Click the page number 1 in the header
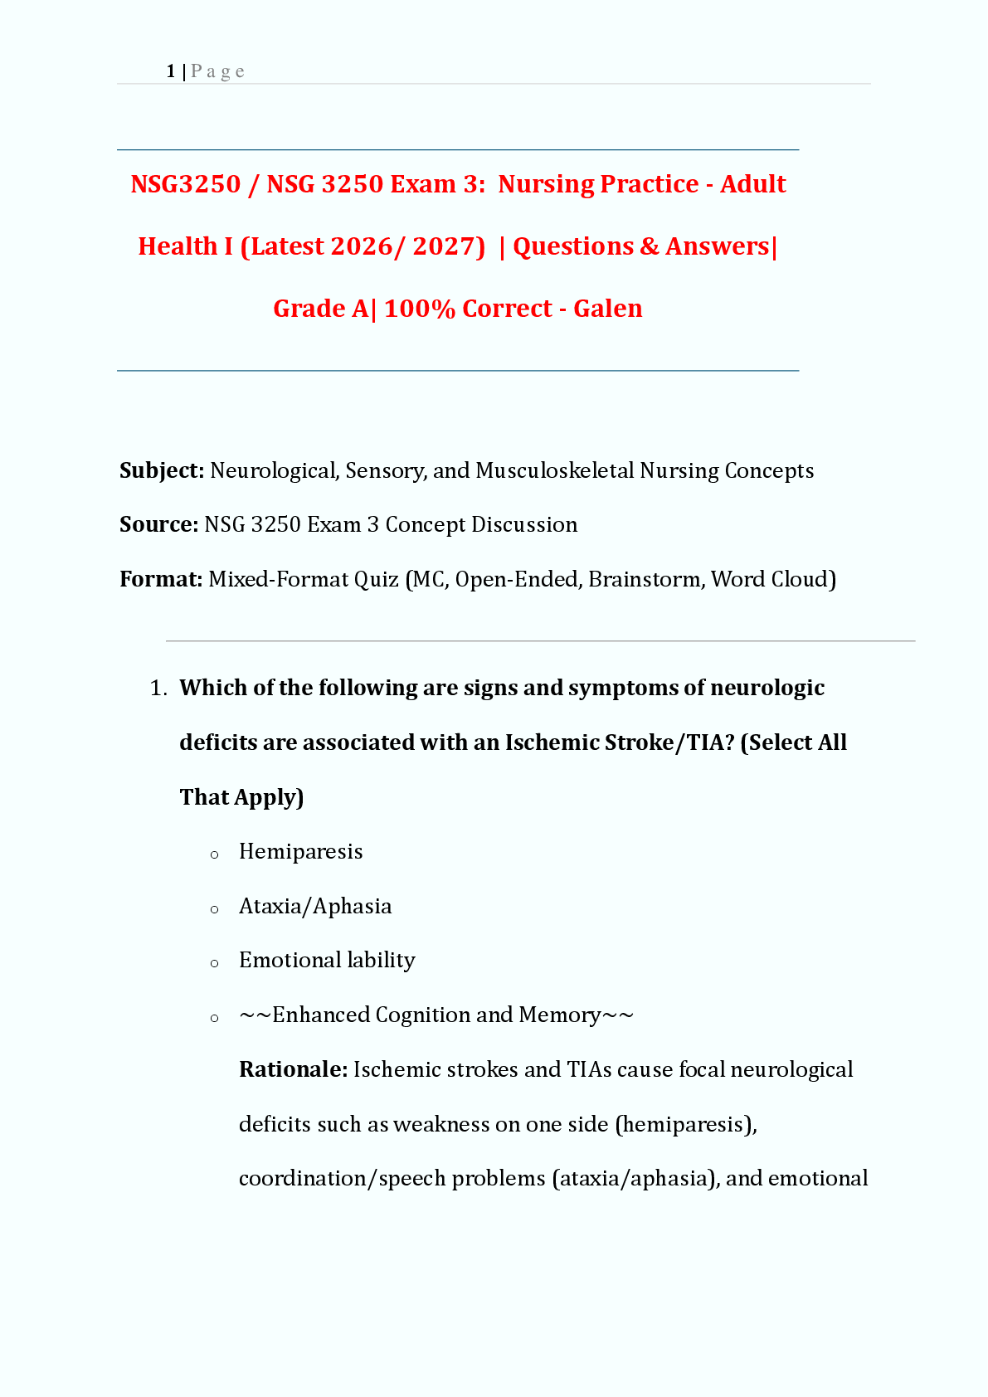click(x=170, y=72)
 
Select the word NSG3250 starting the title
click(x=185, y=184)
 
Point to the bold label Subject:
click(x=162, y=471)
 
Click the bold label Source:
click(x=158, y=525)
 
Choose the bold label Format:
click(x=161, y=579)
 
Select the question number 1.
click(x=158, y=689)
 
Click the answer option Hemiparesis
click(x=300, y=852)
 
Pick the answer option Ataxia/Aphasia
click(x=315, y=906)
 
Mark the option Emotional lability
click(x=327, y=961)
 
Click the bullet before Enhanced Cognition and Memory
click(x=215, y=1018)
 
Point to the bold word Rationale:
click(x=293, y=1069)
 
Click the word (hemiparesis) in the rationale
click(x=685, y=1124)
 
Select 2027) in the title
click(x=449, y=246)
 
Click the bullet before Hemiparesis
click(x=215, y=854)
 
